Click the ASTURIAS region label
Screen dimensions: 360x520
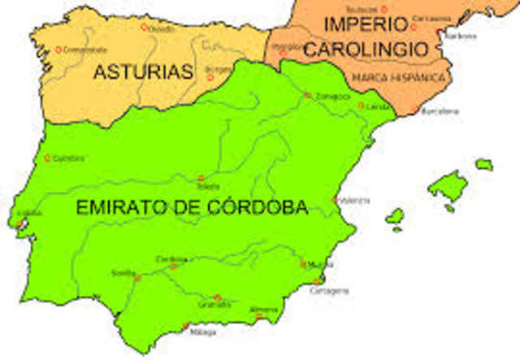point(143,72)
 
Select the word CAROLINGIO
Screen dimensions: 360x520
point(365,49)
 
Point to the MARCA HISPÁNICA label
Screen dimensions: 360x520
point(399,77)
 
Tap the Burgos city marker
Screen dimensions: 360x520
point(210,77)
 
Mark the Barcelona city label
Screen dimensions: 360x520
point(440,111)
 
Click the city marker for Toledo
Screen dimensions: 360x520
point(201,177)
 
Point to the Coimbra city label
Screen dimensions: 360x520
point(67,158)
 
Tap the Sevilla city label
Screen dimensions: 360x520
point(123,272)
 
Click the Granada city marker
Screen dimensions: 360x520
point(217,297)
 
